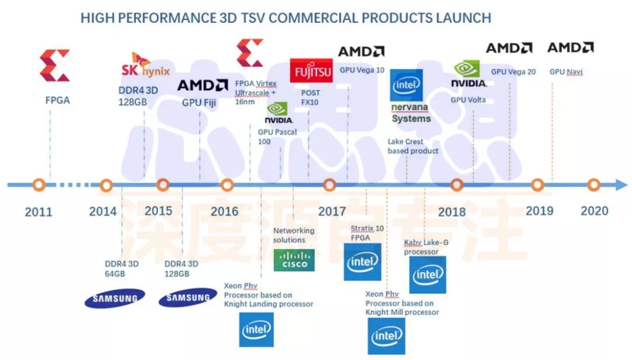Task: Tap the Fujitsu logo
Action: pos(311,71)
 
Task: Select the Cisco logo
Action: pos(294,260)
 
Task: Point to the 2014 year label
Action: pos(103,211)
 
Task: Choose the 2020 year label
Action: pos(595,210)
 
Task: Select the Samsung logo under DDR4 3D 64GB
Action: pos(115,298)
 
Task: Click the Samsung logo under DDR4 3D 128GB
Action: pos(187,298)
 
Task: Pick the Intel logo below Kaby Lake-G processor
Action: pos(427,275)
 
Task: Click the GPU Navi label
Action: pos(566,71)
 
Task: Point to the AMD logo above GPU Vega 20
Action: pos(509,48)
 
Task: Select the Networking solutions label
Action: pos(294,235)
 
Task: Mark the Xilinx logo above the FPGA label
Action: pos(54,65)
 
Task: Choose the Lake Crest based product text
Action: pos(413,146)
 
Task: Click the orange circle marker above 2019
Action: pos(537,185)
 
